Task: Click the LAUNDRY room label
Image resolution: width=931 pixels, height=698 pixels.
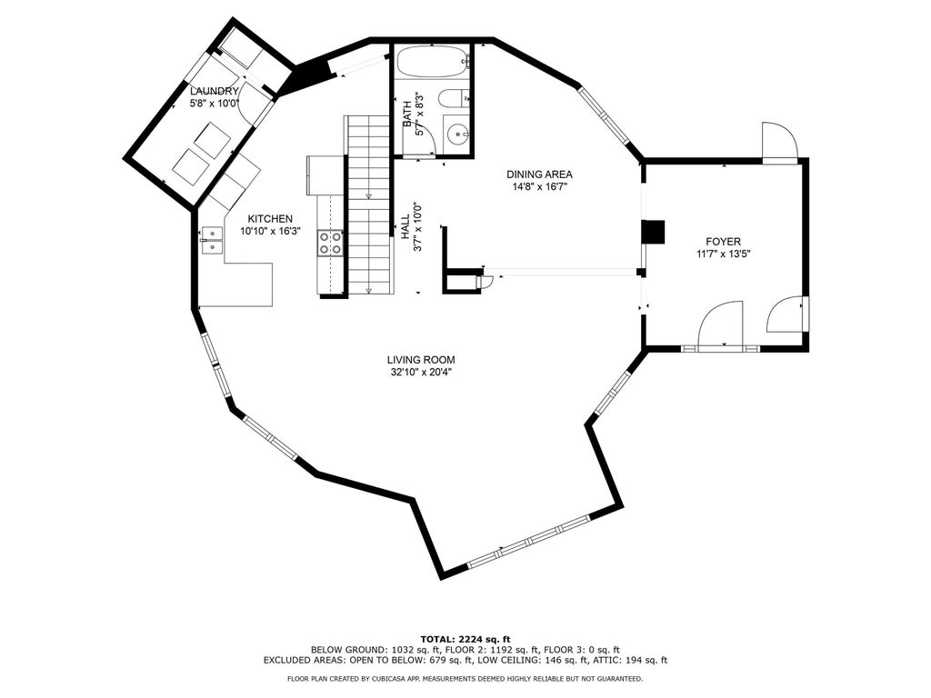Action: point(215,92)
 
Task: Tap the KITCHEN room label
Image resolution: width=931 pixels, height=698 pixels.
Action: point(270,219)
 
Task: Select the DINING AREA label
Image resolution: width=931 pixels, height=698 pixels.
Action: point(539,174)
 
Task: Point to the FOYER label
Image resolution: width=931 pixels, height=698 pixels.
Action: point(723,242)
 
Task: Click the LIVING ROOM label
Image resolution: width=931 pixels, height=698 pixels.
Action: point(421,360)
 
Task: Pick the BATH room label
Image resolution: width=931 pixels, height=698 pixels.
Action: point(407,114)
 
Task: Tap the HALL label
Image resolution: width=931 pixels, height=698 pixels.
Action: point(405,227)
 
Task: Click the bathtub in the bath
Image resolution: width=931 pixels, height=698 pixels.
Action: point(433,62)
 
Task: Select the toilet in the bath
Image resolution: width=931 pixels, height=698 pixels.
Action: point(454,98)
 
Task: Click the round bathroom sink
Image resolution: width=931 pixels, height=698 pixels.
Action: point(458,135)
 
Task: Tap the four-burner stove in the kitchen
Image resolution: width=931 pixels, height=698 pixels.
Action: point(331,242)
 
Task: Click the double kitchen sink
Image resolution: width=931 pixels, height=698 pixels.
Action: point(211,241)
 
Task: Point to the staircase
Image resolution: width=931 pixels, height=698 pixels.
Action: point(369,204)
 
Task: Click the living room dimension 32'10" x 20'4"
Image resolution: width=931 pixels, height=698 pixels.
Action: point(421,373)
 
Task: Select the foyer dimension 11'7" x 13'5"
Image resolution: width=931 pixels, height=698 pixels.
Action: point(723,254)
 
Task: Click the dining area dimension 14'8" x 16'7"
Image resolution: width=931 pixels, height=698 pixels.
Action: point(539,187)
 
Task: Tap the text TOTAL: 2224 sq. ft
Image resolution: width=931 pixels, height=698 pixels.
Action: point(465,639)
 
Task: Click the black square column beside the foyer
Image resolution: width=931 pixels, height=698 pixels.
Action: point(653,232)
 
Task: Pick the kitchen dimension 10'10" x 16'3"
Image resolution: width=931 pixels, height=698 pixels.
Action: point(270,232)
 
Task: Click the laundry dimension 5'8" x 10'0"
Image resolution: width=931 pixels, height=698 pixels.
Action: point(215,105)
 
